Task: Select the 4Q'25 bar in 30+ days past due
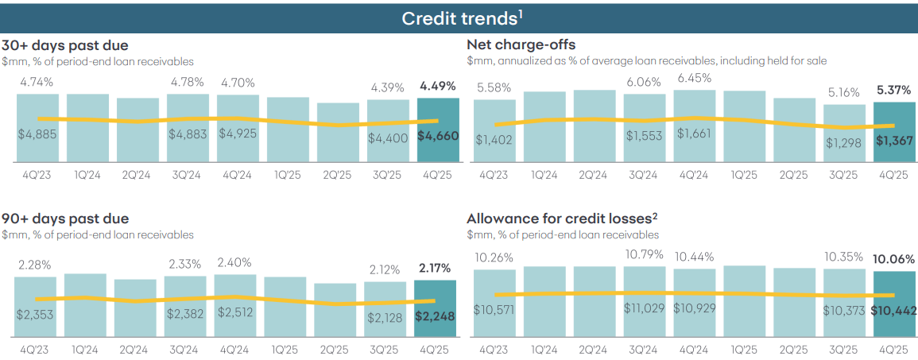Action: pos(438,130)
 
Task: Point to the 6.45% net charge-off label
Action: pos(695,79)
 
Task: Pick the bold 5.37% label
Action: pos(894,90)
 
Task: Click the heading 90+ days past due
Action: pos(65,219)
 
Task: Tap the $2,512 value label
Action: pos(234,312)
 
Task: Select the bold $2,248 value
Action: pos(435,316)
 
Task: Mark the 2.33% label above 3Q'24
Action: pos(185,265)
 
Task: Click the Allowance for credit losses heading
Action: pos(563,219)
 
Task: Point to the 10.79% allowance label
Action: pos(645,254)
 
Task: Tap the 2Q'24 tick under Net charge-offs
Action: pos(595,175)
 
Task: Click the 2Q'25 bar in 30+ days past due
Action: pos(338,132)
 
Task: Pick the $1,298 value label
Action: pos(844,141)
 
